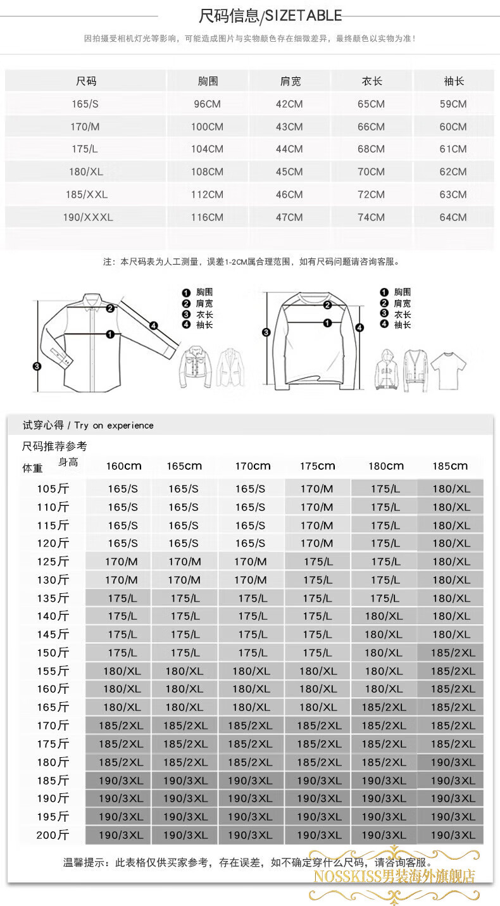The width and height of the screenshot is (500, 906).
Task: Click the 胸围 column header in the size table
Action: click(x=208, y=81)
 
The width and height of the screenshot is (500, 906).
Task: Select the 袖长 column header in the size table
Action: click(x=454, y=81)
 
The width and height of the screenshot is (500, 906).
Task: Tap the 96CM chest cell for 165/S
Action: click(x=207, y=104)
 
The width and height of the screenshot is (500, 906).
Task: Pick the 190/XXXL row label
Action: click(x=88, y=217)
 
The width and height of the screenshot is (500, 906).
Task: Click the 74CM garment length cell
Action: click(x=371, y=217)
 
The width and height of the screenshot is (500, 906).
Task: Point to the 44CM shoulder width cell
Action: click(x=289, y=149)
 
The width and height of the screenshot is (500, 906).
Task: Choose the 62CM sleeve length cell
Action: click(x=453, y=172)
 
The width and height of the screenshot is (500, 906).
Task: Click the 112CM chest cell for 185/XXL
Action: click(x=207, y=194)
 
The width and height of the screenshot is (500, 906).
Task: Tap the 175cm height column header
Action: click(x=317, y=466)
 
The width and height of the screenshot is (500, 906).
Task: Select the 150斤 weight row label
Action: click(x=53, y=653)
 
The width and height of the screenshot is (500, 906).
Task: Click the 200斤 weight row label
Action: click(x=53, y=835)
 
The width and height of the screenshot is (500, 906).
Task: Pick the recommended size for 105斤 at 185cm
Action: click(x=451, y=489)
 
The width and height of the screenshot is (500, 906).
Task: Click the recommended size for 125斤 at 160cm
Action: click(x=122, y=562)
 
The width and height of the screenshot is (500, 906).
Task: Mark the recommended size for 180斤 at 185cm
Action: click(x=453, y=762)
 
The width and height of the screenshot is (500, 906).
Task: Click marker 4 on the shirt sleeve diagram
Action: click(x=154, y=325)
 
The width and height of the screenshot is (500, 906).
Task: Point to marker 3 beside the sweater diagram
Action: click(x=266, y=332)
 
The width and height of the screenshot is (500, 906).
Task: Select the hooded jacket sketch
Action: click(x=387, y=369)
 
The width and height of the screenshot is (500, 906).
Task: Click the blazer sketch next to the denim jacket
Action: click(x=231, y=368)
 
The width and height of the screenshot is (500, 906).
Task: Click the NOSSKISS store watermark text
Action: click(x=394, y=876)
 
